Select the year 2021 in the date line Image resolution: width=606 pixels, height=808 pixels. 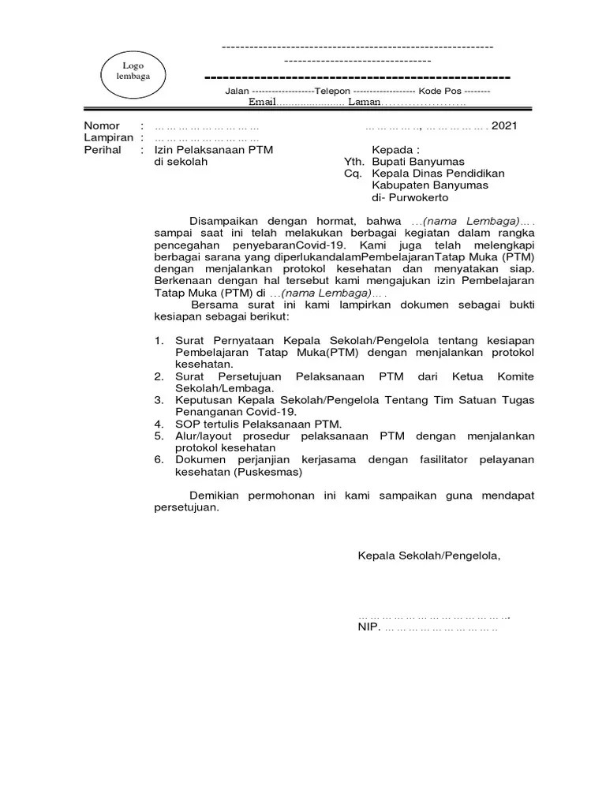(504, 125)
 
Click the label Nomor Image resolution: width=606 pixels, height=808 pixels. (102, 125)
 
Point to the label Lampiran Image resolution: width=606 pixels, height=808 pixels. (107, 137)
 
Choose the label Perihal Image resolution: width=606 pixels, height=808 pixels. (103, 149)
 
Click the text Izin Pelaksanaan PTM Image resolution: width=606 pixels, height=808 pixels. (214, 149)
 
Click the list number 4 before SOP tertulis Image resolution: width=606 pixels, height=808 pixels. (158, 424)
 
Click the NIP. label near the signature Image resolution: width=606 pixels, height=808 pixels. (368, 628)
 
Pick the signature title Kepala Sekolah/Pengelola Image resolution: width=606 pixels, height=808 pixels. (429, 555)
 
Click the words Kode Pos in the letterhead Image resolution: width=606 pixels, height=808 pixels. (438, 92)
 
